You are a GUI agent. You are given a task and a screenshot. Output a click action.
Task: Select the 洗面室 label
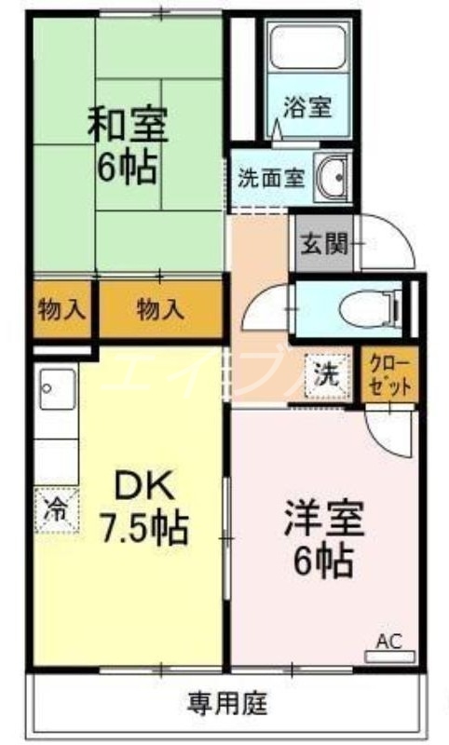click(x=270, y=178)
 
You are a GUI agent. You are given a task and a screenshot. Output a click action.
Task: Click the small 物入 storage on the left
click(x=61, y=310)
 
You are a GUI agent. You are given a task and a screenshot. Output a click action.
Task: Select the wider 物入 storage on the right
click(x=161, y=310)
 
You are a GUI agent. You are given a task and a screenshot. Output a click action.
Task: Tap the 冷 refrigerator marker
click(x=57, y=509)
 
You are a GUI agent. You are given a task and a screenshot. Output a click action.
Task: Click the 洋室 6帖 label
click(x=321, y=539)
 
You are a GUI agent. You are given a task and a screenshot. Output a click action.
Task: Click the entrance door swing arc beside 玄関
click(x=387, y=237)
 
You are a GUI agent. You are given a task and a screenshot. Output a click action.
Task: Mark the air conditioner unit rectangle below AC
click(x=388, y=656)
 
